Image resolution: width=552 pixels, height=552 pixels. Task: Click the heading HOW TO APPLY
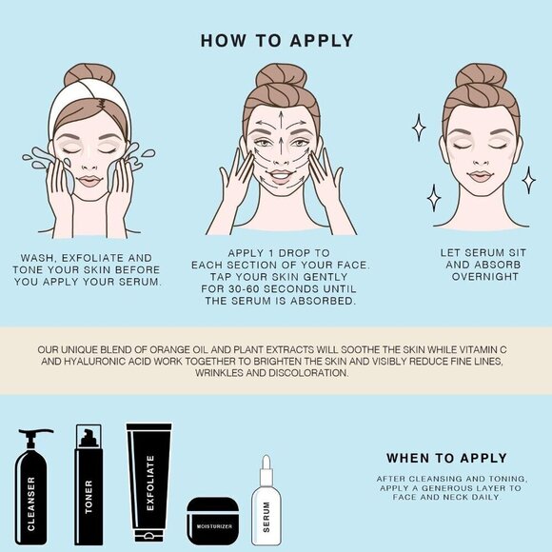coord(277,41)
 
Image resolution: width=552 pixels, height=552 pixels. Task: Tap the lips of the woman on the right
coord(480,176)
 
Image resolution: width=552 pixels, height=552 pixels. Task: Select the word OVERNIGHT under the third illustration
coord(481,277)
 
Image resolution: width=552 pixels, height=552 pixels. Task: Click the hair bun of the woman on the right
coord(481,74)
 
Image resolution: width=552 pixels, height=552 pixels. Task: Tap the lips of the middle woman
coord(280,176)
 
